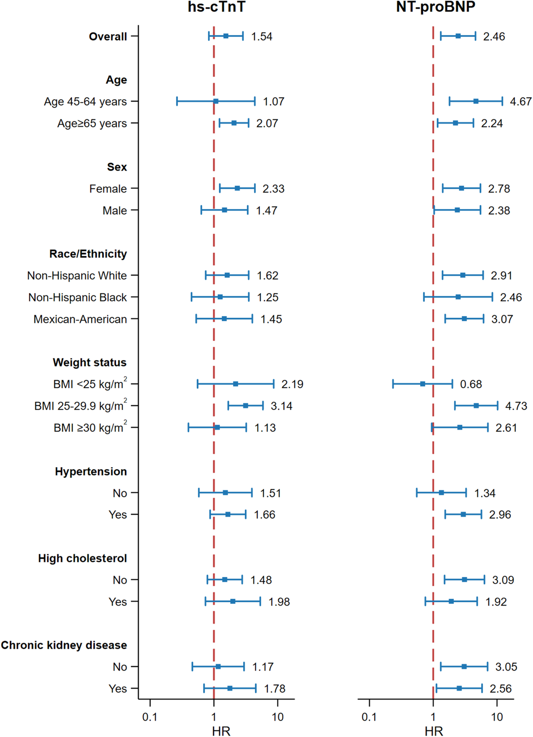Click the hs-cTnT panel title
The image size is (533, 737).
pyautogui.click(x=216, y=7)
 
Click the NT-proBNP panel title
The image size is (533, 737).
pyautogui.click(x=436, y=7)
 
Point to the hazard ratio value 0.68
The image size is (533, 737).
pyautogui.click(x=471, y=384)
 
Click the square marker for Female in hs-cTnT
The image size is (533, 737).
pyautogui.click(x=237, y=188)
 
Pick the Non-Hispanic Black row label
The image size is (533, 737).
pyautogui.click(x=77, y=297)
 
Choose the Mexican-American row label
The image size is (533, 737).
pyautogui.click(x=80, y=319)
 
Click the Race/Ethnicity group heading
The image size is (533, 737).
pyautogui.click(x=88, y=254)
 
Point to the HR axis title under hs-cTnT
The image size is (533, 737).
pyautogui.click(x=221, y=731)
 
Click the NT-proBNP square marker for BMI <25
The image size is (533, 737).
pyautogui.click(x=422, y=384)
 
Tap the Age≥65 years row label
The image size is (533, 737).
pyautogui.click(x=92, y=124)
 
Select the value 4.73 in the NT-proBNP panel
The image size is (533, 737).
pyautogui.click(x=516, y=406)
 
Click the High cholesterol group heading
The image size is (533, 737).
pyautogui.click(x=82, y=558)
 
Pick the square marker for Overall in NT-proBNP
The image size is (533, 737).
pyautogui.click(x=458, y=36)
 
